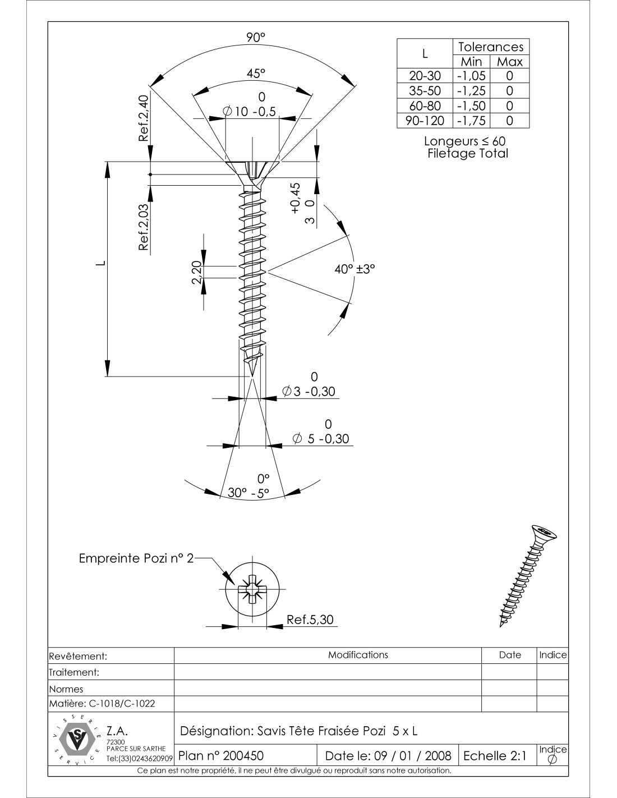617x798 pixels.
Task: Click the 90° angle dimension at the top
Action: coord(255,38)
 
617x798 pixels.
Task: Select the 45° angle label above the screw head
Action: coord(255,74)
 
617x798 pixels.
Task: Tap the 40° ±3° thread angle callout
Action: coord(354,269)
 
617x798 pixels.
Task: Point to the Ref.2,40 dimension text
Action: coord(144,118)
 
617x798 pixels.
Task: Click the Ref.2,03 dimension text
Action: coord(144,227)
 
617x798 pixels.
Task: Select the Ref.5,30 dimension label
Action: coord(310,620)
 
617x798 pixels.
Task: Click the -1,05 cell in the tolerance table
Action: coord(471,76)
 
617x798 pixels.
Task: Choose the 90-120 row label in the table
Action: coord(425,121)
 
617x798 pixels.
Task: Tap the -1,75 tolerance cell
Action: coord(471,121)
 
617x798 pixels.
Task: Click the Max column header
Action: coord(509,62)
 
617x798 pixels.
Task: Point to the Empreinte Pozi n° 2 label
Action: coord(136,558)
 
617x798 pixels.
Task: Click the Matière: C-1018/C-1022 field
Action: coord(102,703)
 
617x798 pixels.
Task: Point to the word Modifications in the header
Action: coord(358,655)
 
